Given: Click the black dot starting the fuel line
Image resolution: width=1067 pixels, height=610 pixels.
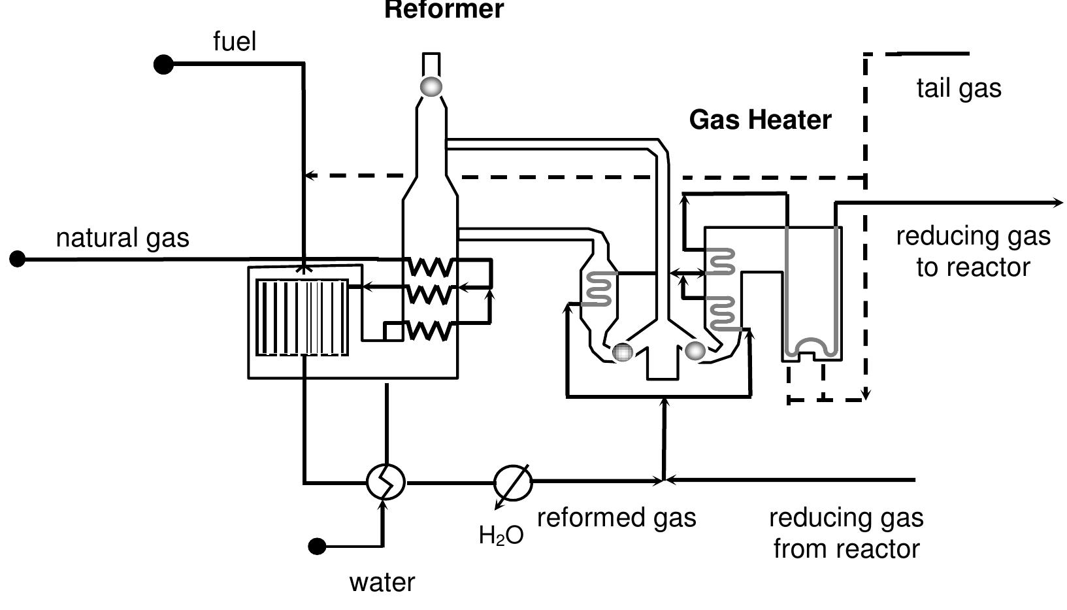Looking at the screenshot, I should [163, 64].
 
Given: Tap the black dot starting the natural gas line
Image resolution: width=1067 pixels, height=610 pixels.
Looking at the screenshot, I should [18, 260].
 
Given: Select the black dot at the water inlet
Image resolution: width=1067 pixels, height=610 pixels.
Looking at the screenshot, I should [317, 546].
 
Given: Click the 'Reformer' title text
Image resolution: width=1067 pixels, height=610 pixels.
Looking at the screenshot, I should [444, 10].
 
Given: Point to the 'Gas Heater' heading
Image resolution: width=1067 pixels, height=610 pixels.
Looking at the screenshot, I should [760, 120].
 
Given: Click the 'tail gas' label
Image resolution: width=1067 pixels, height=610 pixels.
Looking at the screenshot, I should [959, 88].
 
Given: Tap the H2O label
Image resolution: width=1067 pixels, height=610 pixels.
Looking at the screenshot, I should [501, 535].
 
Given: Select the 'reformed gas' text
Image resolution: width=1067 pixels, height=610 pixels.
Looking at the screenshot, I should [616, 517].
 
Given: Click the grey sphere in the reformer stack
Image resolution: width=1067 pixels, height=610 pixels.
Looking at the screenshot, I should [431, 86].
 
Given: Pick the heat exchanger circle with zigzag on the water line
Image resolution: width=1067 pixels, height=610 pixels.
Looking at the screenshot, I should [386, 482].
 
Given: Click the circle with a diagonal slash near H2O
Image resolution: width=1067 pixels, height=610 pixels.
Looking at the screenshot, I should [513, 483].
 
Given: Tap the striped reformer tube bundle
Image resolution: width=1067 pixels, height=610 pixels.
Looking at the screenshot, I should [302, 318].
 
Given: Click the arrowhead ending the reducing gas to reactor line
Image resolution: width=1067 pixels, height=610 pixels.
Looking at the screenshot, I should [1058, 203].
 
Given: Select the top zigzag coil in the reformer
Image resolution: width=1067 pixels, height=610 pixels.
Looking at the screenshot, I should [429, 267].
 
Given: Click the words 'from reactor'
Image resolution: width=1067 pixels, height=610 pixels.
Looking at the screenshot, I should [846, 549].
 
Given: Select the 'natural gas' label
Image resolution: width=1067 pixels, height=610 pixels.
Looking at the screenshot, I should [123, 237].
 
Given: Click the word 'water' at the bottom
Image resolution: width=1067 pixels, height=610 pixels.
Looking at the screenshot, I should [382, 582].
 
